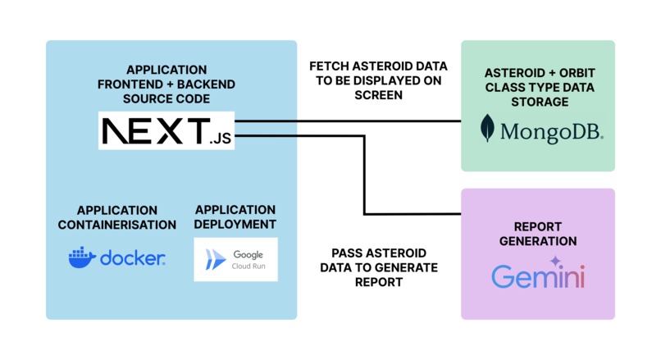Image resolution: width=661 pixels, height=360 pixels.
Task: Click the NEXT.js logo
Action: pos(166,130)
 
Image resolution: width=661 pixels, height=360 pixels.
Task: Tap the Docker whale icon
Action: pos(82,257)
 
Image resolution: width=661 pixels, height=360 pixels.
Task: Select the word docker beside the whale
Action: pos(132,257)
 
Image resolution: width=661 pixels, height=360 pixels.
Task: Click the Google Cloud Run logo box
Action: pos(235,260)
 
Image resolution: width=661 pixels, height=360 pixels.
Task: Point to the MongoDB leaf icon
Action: pos(487,128)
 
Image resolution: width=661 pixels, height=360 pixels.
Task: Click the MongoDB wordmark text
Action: pos(551,132)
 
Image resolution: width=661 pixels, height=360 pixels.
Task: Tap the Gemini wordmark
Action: pos(538,276)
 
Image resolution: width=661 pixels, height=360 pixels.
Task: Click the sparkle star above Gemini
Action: pos(555,262)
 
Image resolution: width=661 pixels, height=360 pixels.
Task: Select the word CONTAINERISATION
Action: pos(117,226)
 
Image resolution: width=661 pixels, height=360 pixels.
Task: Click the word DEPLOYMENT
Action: pos(235,224)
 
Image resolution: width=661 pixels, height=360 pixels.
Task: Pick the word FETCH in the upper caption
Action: pos(329,66)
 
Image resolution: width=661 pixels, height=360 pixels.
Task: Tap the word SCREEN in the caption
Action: pos(379,95)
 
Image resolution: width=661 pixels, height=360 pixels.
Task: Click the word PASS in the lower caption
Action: pos(347,253)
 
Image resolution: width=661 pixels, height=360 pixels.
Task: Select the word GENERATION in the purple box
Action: pos(538,241)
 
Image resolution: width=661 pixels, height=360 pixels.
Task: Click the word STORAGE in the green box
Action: pos(540,102)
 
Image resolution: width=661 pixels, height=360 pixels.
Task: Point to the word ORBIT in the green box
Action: pos(577,73)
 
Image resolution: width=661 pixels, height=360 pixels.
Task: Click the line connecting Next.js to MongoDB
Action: pos(348,121)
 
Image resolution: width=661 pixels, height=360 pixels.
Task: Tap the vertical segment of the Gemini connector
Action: pos(364,175)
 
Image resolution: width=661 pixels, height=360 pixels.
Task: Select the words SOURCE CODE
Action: pos(166,98)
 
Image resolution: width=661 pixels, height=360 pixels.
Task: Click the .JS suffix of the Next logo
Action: pos(221,139)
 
